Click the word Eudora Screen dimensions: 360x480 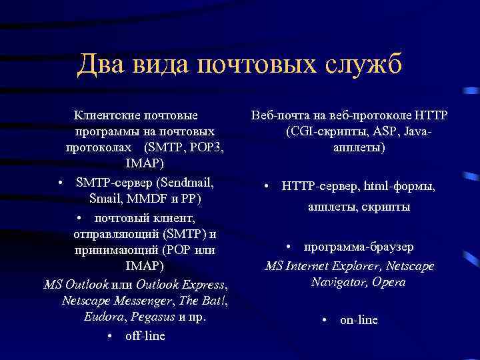103,317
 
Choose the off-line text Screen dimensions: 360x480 145,335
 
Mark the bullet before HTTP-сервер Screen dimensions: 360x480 266,186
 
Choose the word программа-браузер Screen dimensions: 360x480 359,247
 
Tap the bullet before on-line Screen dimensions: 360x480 323,320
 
